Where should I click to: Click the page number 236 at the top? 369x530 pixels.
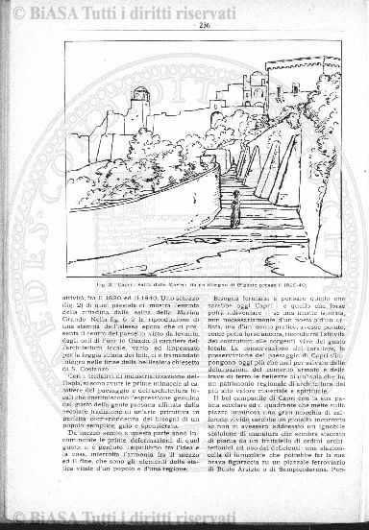(x=206, y=26)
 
